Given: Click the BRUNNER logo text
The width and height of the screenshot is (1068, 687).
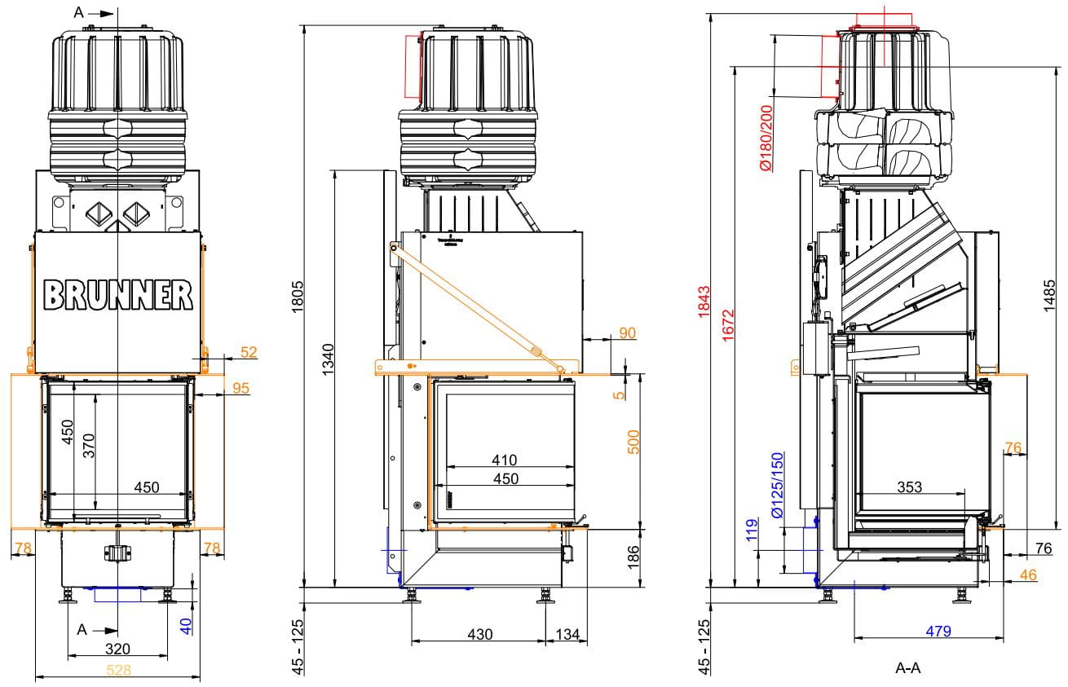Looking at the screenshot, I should click(x=118, y=295).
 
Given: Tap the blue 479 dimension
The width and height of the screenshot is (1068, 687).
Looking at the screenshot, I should click(x=937, y=630).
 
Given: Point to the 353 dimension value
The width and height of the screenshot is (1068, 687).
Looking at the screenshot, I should click(x=909, y=487).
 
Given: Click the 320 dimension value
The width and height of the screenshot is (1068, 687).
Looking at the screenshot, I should click(x=118, y=650).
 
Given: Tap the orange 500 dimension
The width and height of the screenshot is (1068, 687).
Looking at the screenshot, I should click(x=633, y=441).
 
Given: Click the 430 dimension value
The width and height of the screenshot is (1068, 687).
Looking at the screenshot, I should click(x=479, y=634).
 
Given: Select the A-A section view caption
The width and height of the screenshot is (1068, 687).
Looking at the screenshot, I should click(x=908, y=669).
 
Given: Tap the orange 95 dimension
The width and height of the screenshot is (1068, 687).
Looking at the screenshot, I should click(x=241, y=388).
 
